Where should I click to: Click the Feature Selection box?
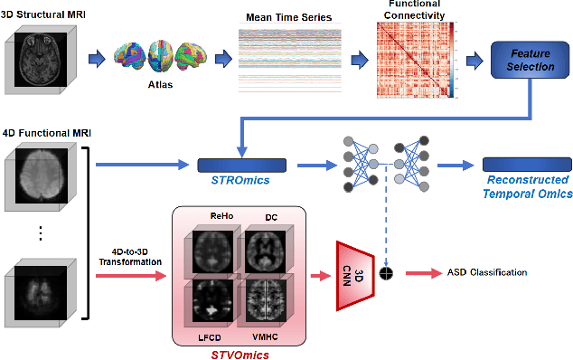pyautogui.click(x=529, y=61)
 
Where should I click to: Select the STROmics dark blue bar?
pyautogui.click(x=241, y=165)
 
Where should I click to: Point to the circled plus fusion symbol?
pyautogui.click(x=387, y=272)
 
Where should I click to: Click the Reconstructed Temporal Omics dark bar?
pyautogui.click(x=527, y=165)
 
